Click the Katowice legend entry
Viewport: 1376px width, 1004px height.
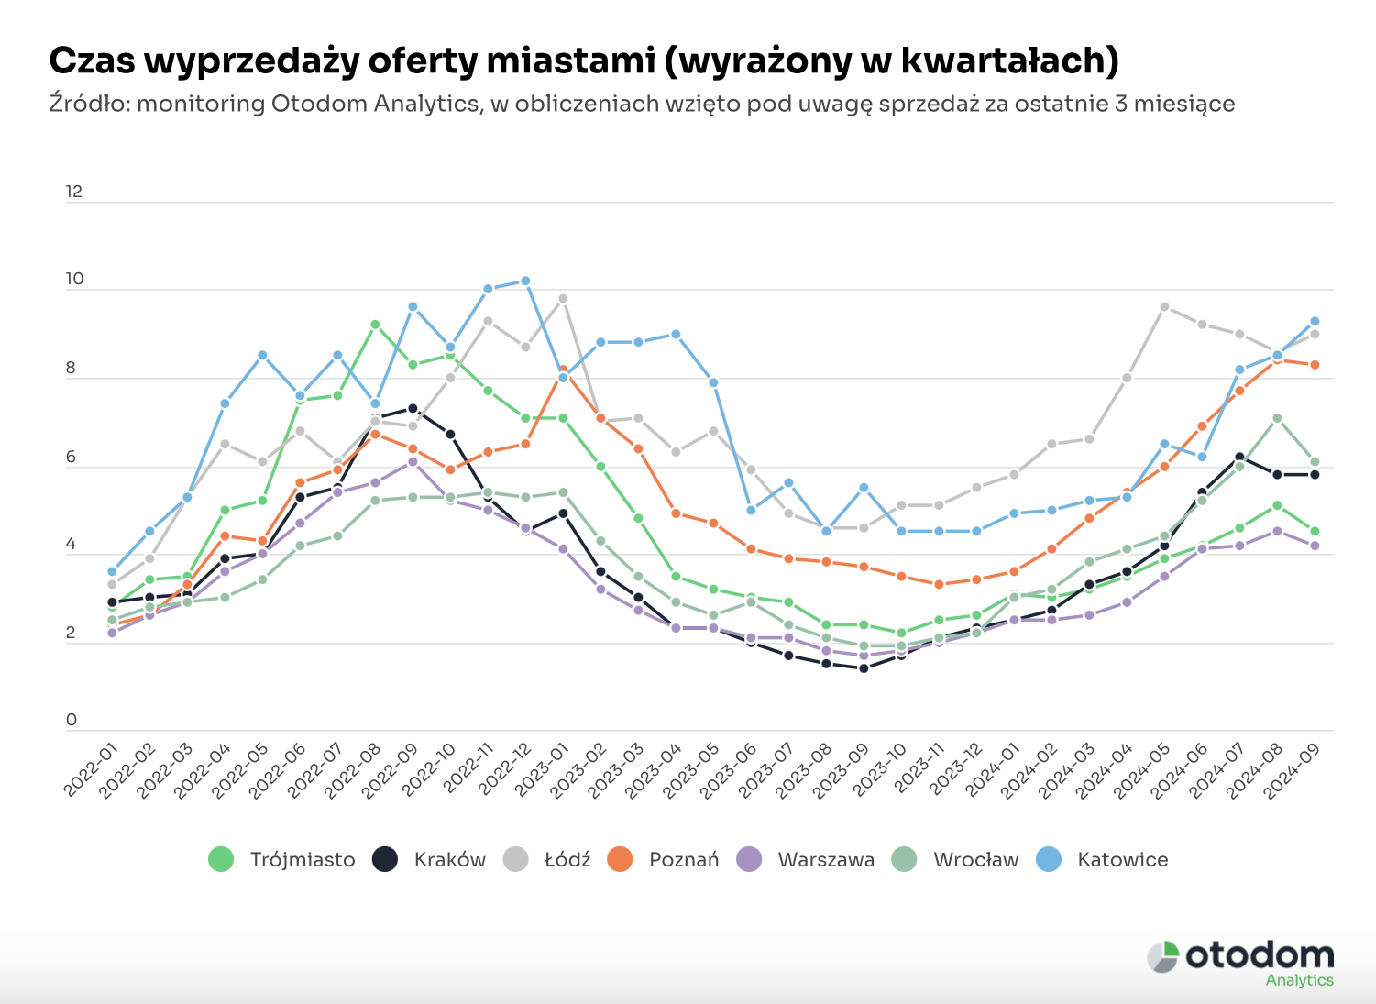click(1102, 859)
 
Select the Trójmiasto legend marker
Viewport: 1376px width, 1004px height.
click(222, 859)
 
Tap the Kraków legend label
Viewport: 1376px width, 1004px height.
click(449, 859)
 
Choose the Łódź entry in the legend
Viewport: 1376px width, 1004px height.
click(547, 859)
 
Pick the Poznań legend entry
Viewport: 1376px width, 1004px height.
click(664, 859)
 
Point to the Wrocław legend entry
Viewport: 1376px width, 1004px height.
click(956, 859)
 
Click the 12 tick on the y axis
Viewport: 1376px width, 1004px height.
click(74, 192)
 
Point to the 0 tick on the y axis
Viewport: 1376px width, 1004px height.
click(72, 720)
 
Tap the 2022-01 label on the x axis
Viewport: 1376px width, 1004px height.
click(93, 771)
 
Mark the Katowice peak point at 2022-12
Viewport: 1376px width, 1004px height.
click(525, 281)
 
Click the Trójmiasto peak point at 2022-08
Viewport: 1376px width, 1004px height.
click(375, 325)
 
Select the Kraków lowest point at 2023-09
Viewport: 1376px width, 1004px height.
click(864, 668)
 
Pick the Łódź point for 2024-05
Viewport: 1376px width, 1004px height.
click(1164, 306)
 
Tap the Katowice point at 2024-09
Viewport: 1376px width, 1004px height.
click(1315, 321)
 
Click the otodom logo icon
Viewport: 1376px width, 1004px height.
click(1163, 956)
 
